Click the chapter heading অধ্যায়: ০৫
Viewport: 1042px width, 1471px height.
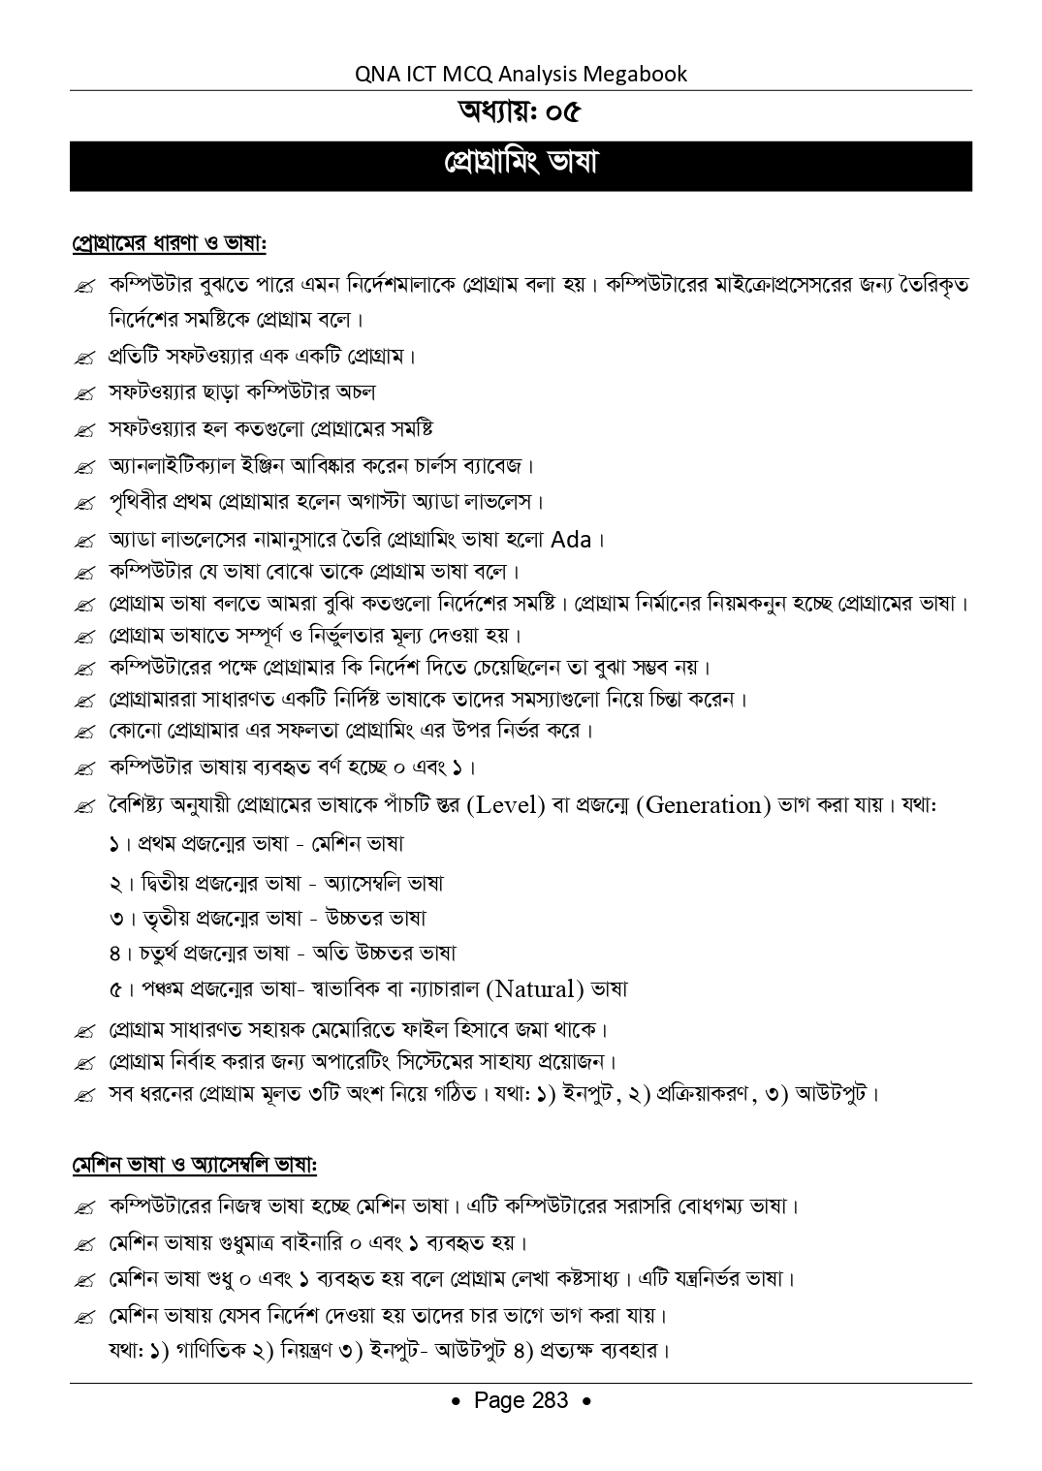click(521, 113)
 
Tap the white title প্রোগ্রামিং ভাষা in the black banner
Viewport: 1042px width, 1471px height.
click(521, 163)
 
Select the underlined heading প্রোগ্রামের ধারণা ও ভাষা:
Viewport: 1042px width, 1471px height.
click(170, 241)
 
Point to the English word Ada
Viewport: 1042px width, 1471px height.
click(571, 539)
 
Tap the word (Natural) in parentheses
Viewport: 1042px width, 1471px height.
click(537, 989)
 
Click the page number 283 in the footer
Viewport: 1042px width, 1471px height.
click(550, 1400)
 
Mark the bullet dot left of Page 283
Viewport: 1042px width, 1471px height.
click(457, 1402)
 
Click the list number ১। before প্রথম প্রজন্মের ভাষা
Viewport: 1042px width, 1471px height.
click(120, 844)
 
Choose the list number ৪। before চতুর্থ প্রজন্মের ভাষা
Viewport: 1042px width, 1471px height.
click(120, 954)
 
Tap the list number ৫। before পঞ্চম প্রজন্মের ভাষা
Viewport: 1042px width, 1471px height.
click(120, 989)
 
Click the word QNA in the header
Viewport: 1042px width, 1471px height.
click(379, 74)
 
